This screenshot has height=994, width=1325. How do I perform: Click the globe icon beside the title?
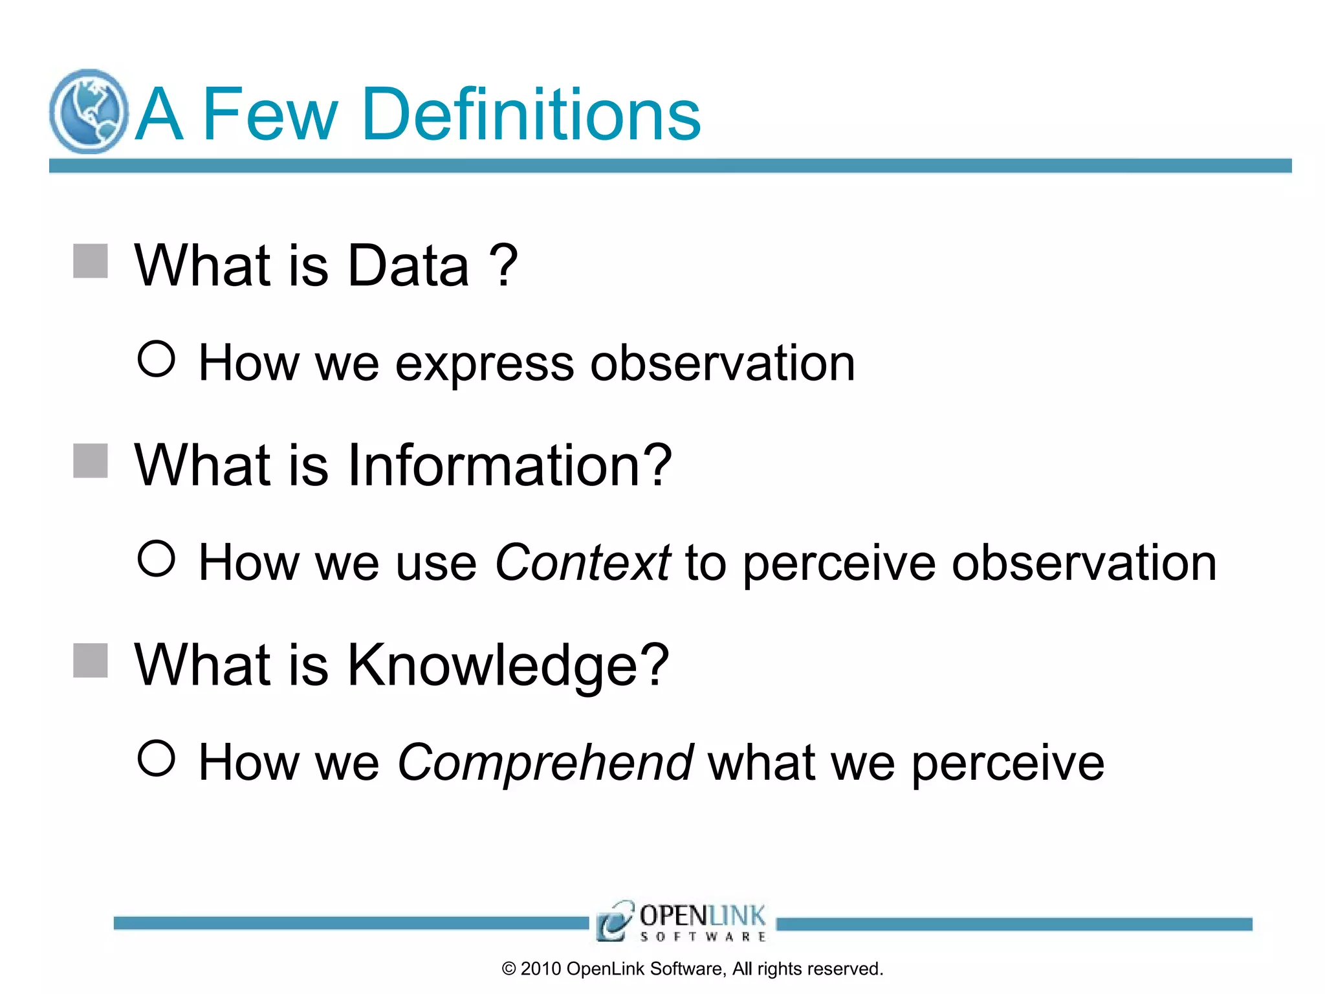pyautogui.click(x=89, y=111)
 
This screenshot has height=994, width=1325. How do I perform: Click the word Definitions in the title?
pyautogui.click(x=531, y=115)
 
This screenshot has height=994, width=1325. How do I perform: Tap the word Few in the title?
pyautogui.click(x=270, y=115)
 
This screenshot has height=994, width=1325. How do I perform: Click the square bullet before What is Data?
pyautogui.click(x=91, y=261)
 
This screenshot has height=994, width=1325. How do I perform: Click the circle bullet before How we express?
pyautogui.click(x=157, y=359)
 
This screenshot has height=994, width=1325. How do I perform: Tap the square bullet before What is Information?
pyautogui.click(x=91, y=461)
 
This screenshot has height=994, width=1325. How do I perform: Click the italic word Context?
pyautogui.click(x=582, y=562)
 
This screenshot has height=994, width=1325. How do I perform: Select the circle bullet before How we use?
pyautogui.click(x=157, y=558)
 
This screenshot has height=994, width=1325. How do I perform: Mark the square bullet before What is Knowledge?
pyautogui.click(x=91, y=660)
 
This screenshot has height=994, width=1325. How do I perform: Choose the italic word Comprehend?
pyautogui.click(x=545, y=762)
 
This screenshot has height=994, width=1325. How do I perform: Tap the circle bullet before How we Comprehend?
pyautogui.click(x=157, y=758)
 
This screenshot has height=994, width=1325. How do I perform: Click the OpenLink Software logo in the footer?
pyautogui.click(x=682, y=920)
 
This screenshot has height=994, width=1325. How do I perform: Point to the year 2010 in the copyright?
pyautogui.click(x=540, y=969)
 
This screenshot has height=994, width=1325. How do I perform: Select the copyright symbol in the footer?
pyautogui.click(x=509, y=969)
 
